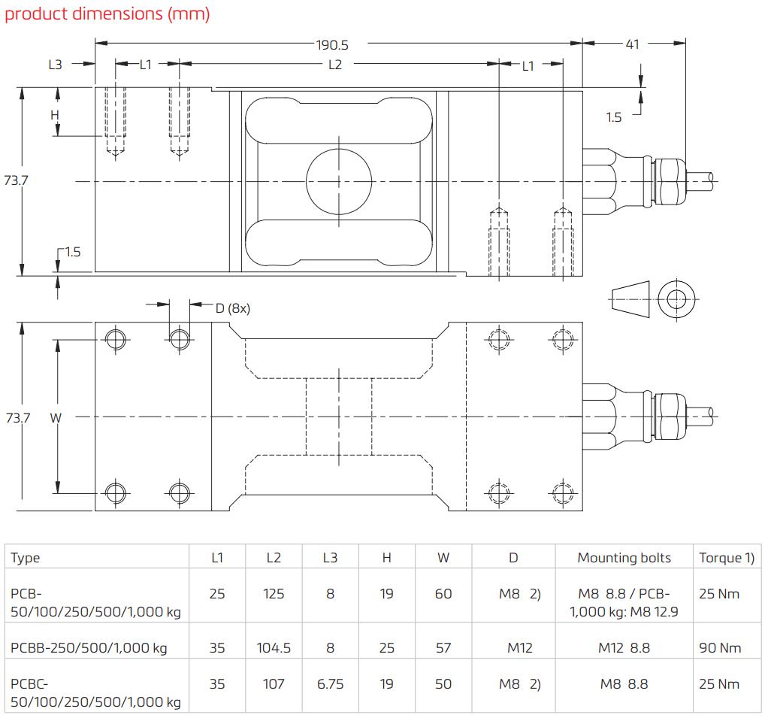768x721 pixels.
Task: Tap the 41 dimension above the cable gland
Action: point(632,44)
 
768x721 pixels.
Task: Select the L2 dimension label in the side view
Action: point(335,65)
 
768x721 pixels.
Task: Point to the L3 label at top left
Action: point(55,65)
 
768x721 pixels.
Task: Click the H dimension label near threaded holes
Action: point(54,115)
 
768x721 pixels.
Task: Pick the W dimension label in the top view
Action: point(55,417)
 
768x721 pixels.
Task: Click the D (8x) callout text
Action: point(232,307)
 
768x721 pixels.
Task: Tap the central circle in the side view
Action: point(339,180)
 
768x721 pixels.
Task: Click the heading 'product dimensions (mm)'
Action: point(107,14)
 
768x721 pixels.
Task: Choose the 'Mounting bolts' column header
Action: point(624,558)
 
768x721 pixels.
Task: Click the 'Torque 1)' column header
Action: point(726,558)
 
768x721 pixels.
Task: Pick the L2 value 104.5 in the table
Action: point(274,647)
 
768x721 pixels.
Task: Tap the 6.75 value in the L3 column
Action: point(330,684)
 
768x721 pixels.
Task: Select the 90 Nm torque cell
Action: point(720,647)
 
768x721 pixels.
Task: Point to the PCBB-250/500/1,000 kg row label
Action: point(89,647)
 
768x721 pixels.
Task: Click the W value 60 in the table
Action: point(443,594)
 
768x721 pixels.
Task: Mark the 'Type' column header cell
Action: point(26,558)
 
